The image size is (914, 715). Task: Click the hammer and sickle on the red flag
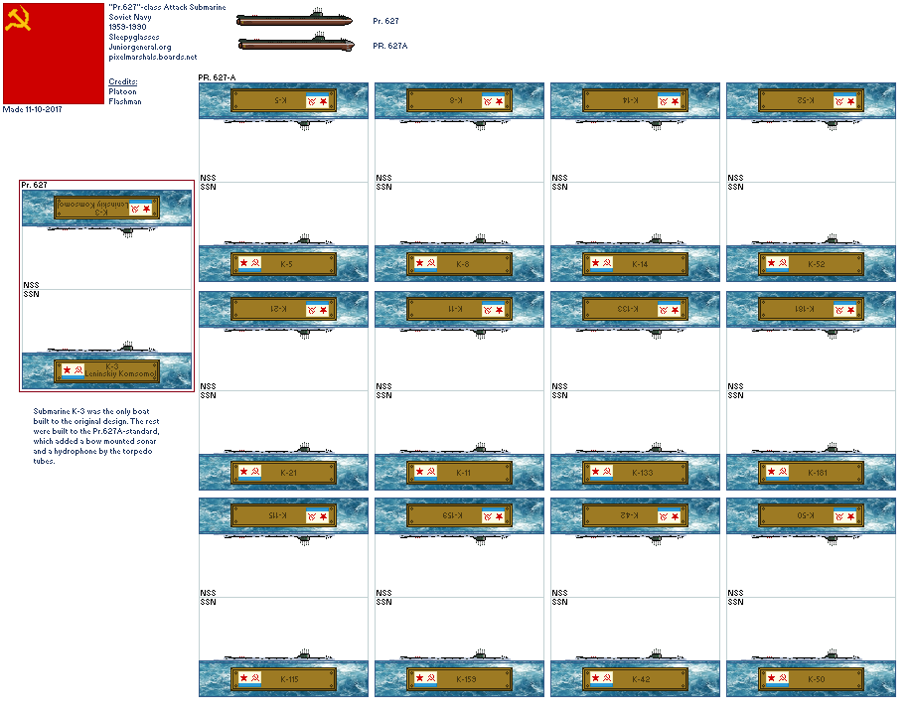point(18,20)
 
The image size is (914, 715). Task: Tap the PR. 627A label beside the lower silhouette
point(390,46)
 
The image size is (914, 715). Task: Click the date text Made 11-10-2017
point(33,109)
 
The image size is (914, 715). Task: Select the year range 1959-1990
point(128,27)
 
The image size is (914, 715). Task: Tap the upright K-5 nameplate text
point(286,264)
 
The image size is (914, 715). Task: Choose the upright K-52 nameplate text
point(816,264)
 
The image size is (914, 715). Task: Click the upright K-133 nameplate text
point(643,473)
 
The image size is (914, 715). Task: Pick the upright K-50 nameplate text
point(816,679)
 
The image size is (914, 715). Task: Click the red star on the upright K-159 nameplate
point(419,679)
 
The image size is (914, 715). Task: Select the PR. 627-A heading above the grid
point(218,77)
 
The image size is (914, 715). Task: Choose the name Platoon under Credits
point(121,91)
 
